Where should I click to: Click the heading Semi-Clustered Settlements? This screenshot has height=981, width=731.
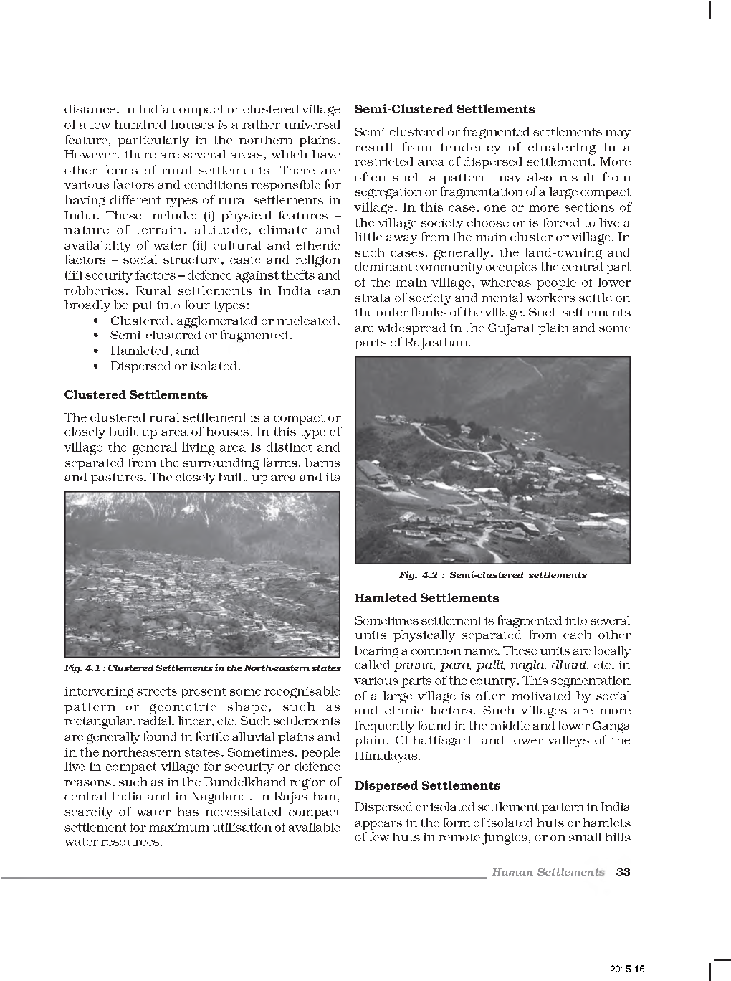click(444, 110)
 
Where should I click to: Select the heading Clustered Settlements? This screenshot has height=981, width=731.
click(135, 395)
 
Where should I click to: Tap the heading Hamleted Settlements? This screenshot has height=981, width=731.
click(426, 598)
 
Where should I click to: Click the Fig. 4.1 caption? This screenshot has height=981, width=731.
click(202, 668)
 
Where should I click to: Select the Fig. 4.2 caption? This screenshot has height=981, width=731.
click(492, 575)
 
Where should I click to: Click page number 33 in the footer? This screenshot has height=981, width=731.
click(623, 872)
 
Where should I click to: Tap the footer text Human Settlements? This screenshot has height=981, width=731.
click(548, 872)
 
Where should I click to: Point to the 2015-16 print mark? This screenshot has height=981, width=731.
click(628, 968)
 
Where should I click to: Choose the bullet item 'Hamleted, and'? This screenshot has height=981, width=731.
click(154, 351)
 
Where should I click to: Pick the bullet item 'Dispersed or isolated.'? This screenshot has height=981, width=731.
click(175, 366)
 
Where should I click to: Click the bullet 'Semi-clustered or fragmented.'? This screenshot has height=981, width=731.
click(201, 336)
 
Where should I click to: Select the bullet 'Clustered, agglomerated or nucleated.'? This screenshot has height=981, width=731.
click(224, 321)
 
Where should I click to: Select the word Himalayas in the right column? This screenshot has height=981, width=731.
click(384, 756)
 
